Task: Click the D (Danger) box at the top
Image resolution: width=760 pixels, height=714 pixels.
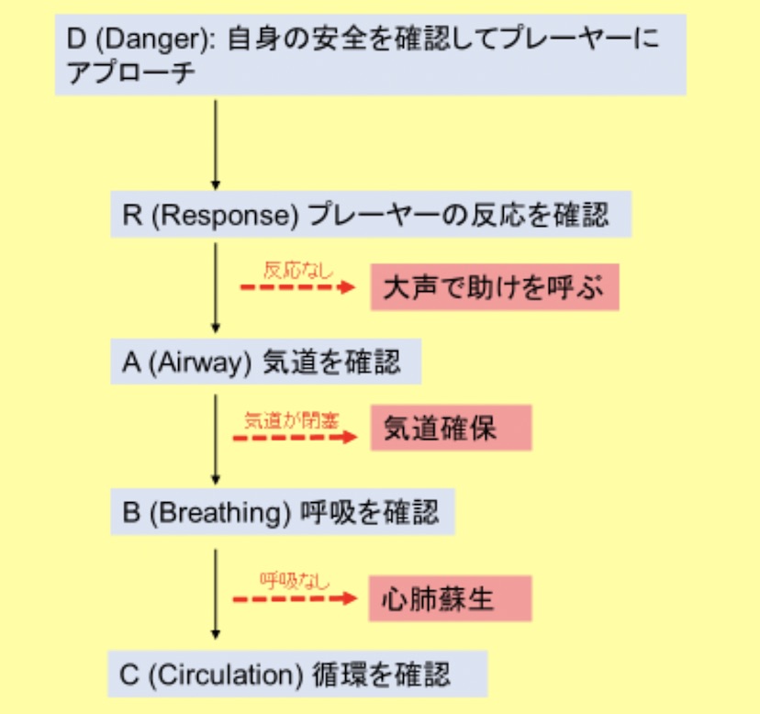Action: point(370,56)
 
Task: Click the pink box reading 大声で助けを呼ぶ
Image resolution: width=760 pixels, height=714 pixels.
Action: point(495,288)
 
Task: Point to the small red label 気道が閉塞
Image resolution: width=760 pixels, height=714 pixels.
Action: point(292,421)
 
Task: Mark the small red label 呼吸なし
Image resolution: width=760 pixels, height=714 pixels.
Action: point(294,581)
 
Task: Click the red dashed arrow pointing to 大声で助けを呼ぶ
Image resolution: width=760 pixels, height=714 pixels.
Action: point(296,288)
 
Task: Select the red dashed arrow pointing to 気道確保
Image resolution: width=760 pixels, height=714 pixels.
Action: point(294,439)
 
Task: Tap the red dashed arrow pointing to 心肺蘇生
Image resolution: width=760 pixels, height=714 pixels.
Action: point(294,599)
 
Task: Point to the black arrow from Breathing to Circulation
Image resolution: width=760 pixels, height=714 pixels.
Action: point(216,594)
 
